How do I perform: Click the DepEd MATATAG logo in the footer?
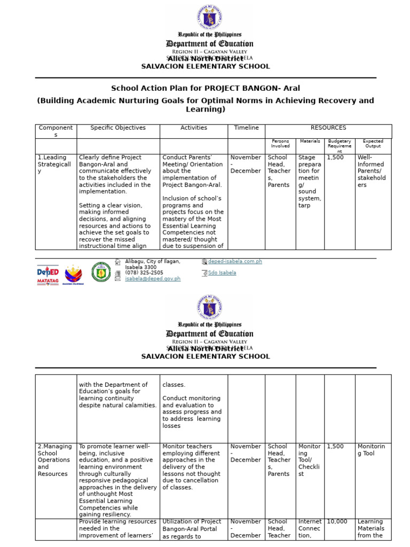(48, 273)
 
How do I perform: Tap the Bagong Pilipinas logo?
(74, 273)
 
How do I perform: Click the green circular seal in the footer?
(101, 272)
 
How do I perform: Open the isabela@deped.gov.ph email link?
(153, 279)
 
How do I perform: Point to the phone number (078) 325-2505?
(144, 273)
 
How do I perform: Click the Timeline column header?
(246, 128)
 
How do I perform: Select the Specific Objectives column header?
(118, 128)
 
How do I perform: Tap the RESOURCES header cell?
(328, 128)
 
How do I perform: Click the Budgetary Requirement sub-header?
(340, 146)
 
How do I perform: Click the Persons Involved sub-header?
(280, 144)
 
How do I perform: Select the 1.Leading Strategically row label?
(54, 164)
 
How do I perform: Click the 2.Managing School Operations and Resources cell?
(54, 460)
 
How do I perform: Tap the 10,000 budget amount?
(337, 522)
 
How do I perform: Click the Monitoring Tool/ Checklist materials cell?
(309, 460)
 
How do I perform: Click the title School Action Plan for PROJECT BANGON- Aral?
(202, 88)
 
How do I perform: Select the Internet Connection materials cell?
(310, 528)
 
